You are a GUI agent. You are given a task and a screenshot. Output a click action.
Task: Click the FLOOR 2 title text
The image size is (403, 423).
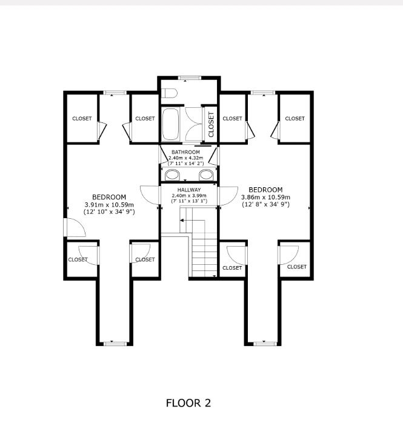(x=188, y=404)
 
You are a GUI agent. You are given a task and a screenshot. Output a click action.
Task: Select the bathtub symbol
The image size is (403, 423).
(x=171, y=124)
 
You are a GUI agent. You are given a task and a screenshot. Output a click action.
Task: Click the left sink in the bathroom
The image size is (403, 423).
(x=172, y=175)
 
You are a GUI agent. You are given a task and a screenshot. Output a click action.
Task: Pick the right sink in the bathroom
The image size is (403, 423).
(x=207, y=175)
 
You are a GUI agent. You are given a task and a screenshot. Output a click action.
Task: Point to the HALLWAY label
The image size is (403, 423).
(x=189, y=190)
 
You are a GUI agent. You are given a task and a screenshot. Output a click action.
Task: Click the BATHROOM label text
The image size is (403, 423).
(x=185, y=152)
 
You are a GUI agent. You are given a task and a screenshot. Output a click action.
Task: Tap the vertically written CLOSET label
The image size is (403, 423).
(x=211, y=124)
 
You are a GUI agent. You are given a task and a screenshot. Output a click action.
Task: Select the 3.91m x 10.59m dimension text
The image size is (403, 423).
(x=109, y=205)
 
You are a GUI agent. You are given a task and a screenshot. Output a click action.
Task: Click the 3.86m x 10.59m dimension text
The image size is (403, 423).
(x=265, y=197)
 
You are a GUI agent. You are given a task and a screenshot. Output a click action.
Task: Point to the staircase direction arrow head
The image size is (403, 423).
(x=182, y=221)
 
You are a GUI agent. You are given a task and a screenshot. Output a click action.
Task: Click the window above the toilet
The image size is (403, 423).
(x=189, y=78)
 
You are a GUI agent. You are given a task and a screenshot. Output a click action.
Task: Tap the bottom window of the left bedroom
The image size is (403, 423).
(x=115, y=344)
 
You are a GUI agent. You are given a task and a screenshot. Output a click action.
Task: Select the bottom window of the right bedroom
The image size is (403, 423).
(x=265, y=344)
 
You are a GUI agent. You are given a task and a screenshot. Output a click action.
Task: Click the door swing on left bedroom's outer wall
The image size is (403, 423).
(x=75, y=227)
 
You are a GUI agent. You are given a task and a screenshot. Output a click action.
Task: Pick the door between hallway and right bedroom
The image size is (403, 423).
(x=228, y=196)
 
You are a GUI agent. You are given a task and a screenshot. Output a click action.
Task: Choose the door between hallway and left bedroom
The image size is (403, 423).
(x=150, y=195)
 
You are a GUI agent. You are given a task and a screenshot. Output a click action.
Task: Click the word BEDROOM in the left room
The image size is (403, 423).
(x=109, y=197)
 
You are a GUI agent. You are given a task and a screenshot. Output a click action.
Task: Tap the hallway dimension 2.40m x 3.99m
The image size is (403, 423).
(x=189, y=196)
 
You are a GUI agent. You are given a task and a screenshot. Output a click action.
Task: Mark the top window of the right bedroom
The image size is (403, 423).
(x=263, y=93)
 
